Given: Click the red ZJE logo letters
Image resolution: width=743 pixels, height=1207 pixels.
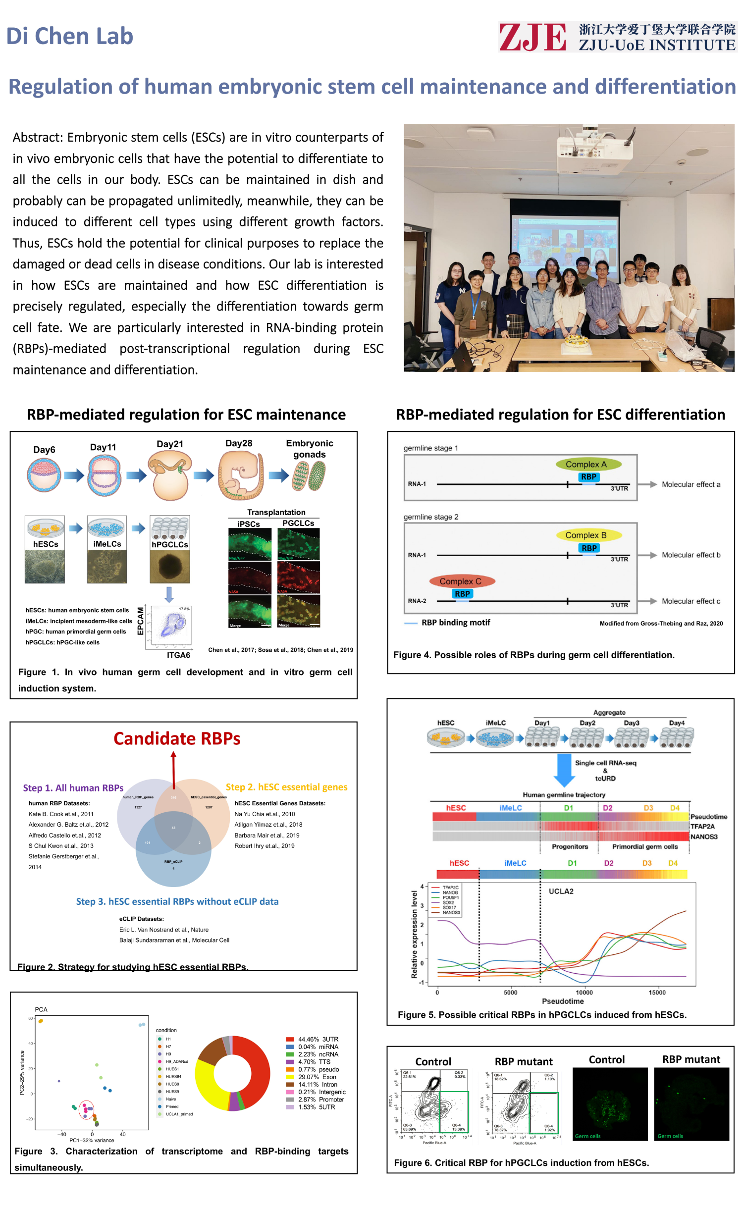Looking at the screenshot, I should click(x=532, y=37).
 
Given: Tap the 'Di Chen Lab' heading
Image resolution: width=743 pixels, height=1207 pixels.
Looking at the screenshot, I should click(x=70, y=36).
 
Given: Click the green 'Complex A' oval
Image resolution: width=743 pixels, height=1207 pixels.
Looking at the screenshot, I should click(x=586, y=464).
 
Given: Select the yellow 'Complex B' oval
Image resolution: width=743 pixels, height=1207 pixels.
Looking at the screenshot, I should click(x=586, y=535).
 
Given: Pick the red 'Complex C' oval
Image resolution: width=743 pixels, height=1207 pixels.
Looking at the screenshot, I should click(x=460, y=581).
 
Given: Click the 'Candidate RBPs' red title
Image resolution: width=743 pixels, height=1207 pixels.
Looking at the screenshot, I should click(x=177, y=738).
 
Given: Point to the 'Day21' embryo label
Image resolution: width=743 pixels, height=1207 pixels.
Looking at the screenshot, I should click(x=170, y=444).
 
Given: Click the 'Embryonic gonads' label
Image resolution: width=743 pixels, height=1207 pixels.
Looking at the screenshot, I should click(x=310, y=449).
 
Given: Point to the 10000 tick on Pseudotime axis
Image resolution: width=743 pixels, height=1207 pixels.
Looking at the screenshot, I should click(x=584, y=992).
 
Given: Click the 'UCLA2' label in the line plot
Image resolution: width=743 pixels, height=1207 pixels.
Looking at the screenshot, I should click(x=561, y=891).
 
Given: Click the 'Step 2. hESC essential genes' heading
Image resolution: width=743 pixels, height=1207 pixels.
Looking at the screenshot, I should click(x=286, y=787).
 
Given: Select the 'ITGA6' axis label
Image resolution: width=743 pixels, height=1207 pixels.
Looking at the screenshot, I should click(x=178, y=655).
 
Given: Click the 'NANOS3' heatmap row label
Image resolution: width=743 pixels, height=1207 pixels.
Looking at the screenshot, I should click(x=704, y=837).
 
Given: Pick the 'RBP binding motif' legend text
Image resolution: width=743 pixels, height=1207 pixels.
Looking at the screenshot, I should click(x=456, y=623).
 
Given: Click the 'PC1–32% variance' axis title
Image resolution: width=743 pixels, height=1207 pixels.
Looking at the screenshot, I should click(x=92, y=1140).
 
